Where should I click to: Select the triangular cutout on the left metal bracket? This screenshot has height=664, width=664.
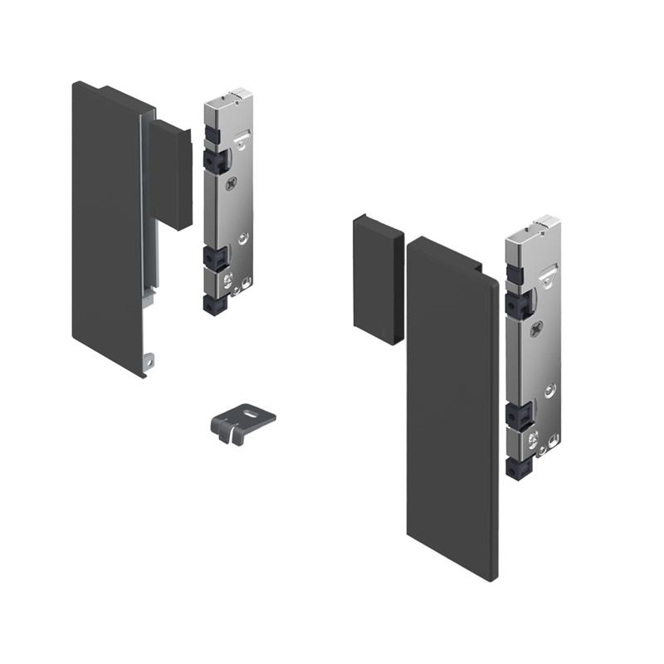[x=244, y=141]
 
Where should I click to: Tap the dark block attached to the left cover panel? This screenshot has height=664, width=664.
[x=172, y=174]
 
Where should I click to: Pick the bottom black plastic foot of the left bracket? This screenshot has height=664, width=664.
[x=214, y=305]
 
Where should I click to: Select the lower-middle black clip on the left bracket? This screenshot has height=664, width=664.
[x=213, y=258]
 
